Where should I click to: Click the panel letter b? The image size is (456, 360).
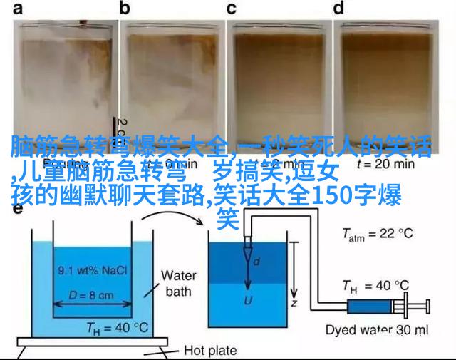[x=125, y=9]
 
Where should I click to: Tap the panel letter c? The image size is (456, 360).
[x=232, y=9]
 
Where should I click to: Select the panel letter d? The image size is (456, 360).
[x=338, y=9]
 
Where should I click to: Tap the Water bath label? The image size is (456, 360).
[x=178, y=282]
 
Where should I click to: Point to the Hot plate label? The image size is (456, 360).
[x=211, y=350]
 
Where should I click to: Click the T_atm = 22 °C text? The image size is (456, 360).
[x=378, y=234]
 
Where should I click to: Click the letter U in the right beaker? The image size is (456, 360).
[x=248, y=300]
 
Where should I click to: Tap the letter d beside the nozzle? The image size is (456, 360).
[x=259, y=262]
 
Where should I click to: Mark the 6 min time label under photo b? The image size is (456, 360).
[x=171, y=163]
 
